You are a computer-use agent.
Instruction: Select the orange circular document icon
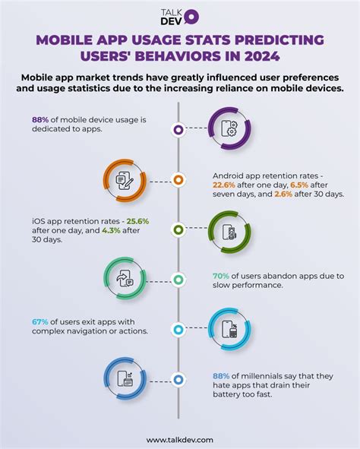125,180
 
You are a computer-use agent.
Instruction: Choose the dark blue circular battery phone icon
125,379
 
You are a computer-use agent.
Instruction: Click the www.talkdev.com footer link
179,438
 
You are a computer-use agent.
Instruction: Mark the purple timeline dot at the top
178,130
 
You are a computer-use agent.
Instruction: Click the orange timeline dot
178,180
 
